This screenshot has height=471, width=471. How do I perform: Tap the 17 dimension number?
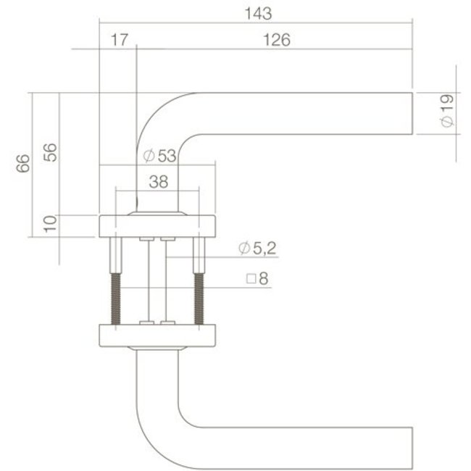120,41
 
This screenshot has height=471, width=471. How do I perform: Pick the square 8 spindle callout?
257,278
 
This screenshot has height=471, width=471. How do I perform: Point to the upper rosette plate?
157,226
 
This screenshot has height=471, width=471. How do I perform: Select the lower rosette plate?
157,335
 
